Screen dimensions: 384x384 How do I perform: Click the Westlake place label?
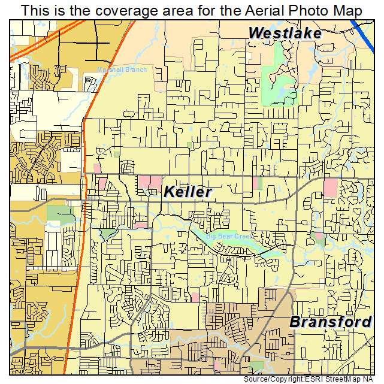tap(285, 33)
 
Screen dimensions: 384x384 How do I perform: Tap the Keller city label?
tap(188, 192)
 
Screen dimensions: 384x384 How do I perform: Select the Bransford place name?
tap(330, 322)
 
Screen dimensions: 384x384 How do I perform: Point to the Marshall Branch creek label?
tap(122, 69)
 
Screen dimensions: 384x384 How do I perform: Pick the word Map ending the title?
tap(349, 10)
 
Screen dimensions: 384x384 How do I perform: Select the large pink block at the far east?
tap(330, 188)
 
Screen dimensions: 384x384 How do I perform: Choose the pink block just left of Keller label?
tap(150, 183)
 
